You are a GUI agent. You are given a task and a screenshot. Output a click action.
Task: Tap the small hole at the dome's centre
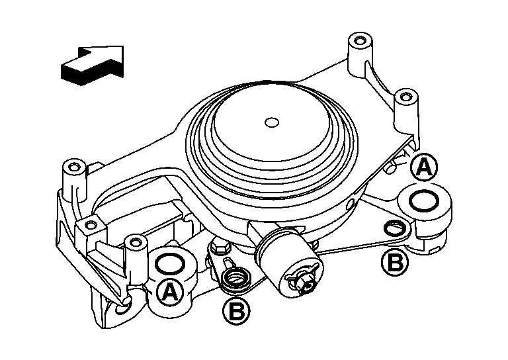point(272,122)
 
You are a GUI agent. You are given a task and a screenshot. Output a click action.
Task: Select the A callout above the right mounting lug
point(424,167)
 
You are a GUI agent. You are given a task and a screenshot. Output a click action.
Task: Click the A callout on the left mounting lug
point(170,292)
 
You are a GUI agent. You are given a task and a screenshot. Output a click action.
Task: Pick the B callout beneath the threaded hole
point(236,312)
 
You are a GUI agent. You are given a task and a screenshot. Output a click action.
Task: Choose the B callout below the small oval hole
point(395,262)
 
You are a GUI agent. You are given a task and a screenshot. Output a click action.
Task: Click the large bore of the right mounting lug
point(424,201)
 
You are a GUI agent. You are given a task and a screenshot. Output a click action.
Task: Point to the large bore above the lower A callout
point(170,264)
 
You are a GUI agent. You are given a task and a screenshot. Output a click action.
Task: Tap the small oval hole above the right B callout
point(394,228)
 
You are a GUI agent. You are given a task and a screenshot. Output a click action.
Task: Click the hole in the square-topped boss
point(91,224)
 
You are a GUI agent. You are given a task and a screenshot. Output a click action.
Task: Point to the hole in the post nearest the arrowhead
point(359,41)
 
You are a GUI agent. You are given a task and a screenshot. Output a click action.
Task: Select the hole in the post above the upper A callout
point(405,96)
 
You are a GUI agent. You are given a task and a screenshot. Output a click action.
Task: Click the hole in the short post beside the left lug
point(135,242)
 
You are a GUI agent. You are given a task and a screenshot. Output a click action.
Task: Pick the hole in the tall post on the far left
point(75,167)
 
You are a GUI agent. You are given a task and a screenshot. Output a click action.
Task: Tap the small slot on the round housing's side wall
point(350,204)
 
